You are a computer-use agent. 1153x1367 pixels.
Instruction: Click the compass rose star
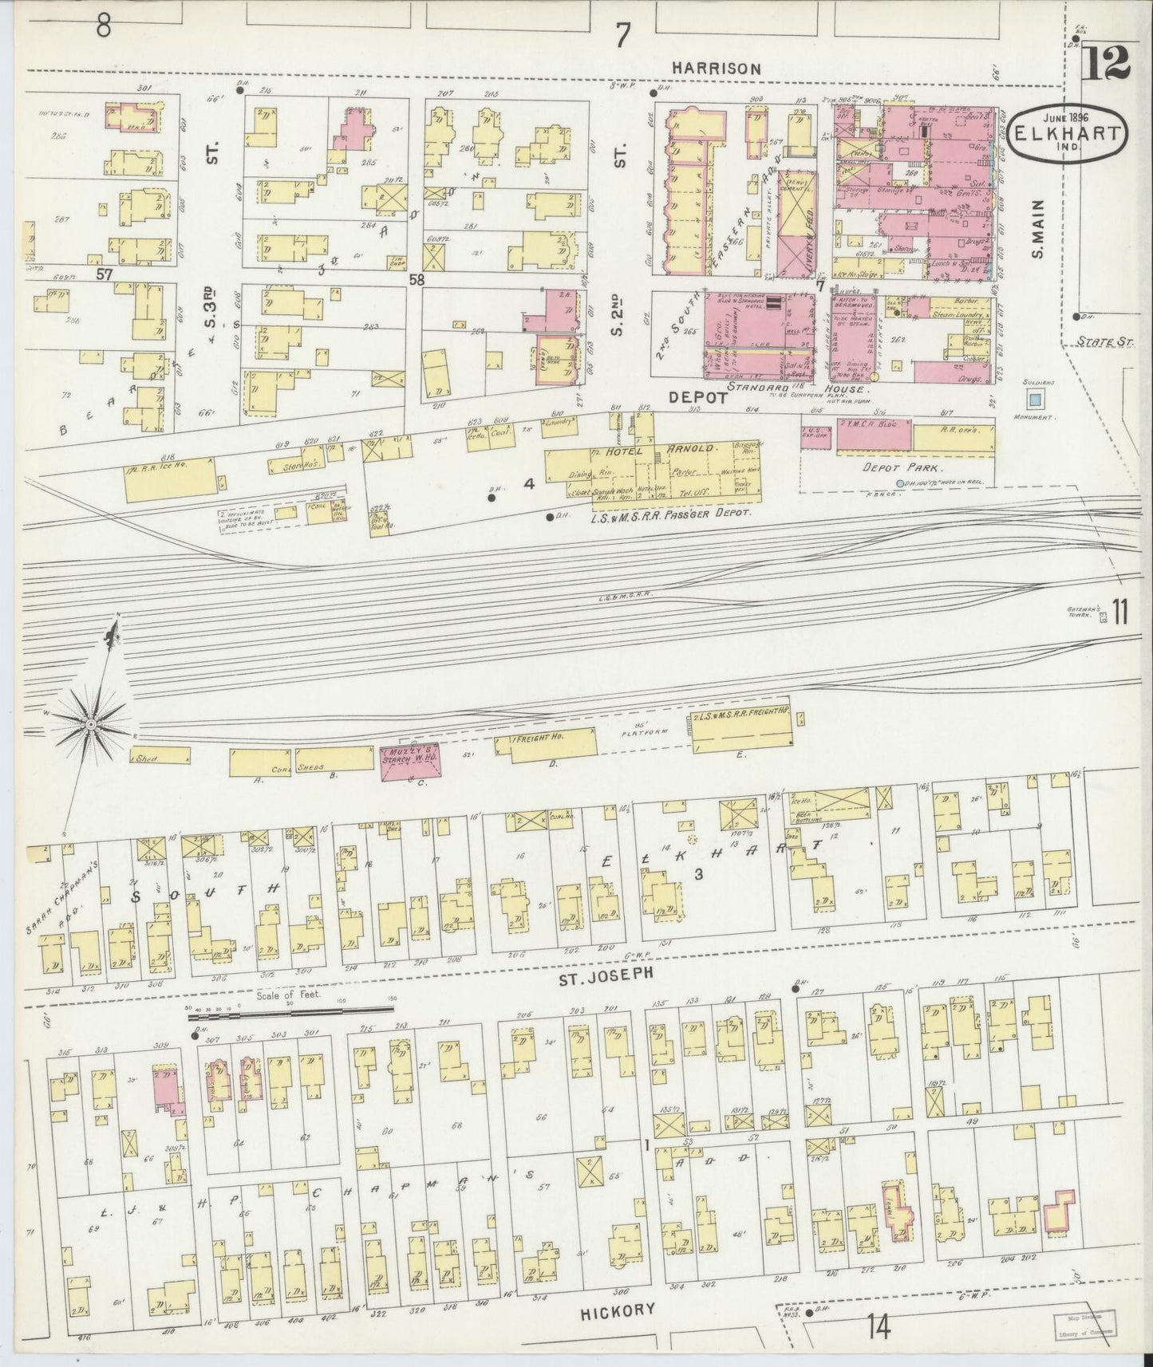(x=91, y=723)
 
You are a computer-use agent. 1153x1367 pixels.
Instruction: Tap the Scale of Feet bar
(x=290, y=1010)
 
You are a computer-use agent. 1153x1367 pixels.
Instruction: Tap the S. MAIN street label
(x=1037, y=238)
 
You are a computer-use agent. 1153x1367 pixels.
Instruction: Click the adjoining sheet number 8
(x=103, y=27)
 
